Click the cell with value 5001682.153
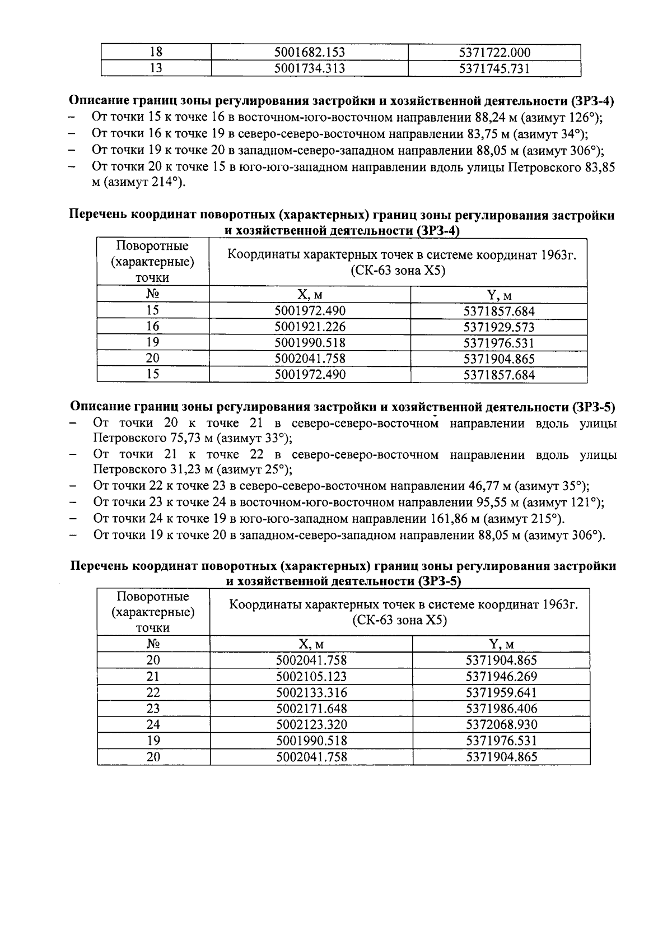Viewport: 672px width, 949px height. tap(309, 53)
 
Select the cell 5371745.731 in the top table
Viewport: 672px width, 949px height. tap(494, 68)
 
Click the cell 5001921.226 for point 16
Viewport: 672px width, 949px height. tap(310, 327)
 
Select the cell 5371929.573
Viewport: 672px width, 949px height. tap(498, 327)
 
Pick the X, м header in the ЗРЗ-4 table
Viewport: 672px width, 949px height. tap(310, 295)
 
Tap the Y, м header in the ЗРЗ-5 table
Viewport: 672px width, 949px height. tap(501, 644)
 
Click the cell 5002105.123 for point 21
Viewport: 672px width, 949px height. tap(311, 677)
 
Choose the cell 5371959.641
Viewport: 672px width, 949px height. tap(501, 692)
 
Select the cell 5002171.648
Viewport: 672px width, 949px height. tap(311, 709)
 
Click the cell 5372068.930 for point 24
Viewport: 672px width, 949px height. tap(501, 724)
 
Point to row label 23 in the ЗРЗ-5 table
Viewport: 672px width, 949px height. tap(153, 709)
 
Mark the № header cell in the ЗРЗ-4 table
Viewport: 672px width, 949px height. tap(153, 294)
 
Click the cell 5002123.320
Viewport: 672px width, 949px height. tap(311, 724)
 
